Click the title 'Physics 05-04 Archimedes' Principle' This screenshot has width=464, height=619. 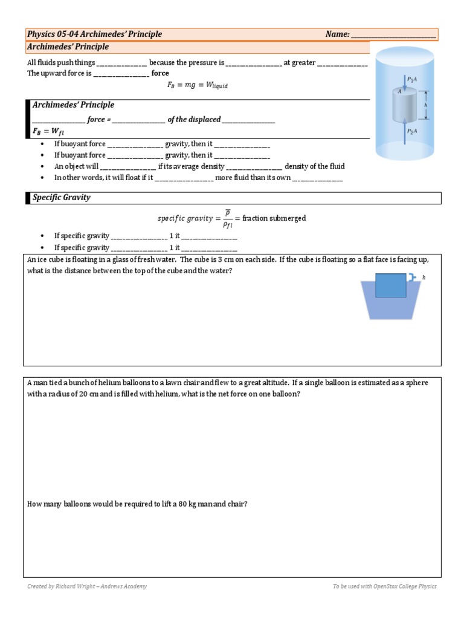click(95, 34)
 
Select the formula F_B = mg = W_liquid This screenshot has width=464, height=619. click(198, 85)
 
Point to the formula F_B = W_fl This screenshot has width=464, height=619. click(46, 131)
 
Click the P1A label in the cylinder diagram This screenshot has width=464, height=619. click(412, 79)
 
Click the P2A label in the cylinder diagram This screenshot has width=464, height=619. click(412, 131)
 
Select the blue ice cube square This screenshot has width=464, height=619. click(391, 285)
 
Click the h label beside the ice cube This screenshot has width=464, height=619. click(424, 277)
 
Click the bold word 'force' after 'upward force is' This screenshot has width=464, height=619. click(160, 73)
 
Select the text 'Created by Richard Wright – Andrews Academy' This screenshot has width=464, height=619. click(87, 586)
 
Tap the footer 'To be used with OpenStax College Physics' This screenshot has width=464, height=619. click(384, 586)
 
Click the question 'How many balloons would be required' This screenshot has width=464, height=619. click(137, 504)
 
